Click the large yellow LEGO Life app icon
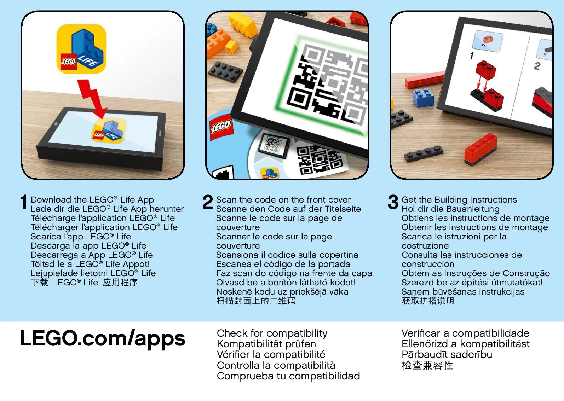click(81, 49)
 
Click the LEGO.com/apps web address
click(103, 339)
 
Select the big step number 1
click(24, 202)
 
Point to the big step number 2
click(207, 202)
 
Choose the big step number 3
click(393, 202)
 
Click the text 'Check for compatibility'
click(272, 333)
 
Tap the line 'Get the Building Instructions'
click(459, 199)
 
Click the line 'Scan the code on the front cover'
click(283, 199)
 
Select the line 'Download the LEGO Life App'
click(92, 200)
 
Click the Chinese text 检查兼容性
click(427, 365)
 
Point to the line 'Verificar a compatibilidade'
click(465, 333)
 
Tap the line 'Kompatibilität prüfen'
click(266, 344)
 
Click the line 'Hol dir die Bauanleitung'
click(450, 209)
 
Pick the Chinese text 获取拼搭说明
click(428, 301)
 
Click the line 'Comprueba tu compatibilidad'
click(288, 376)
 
